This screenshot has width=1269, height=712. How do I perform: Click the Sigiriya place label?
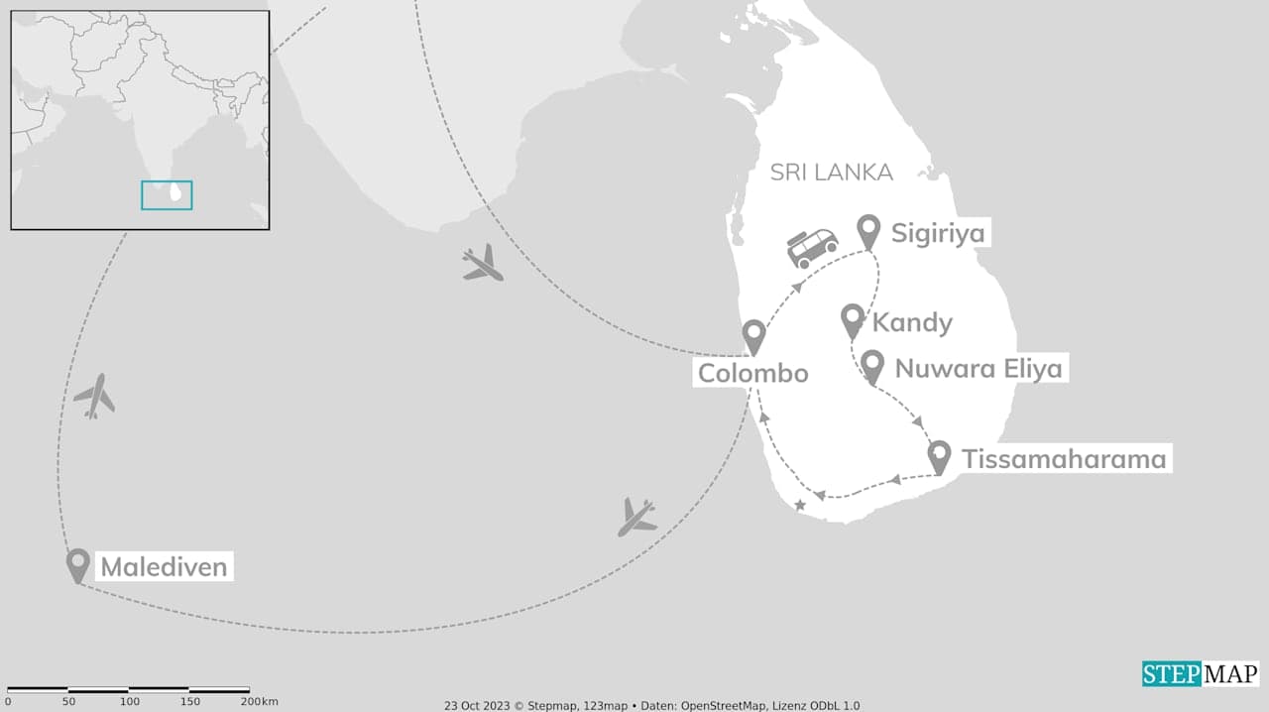click(938, 234)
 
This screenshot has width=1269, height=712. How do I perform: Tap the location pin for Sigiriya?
click(869, 230)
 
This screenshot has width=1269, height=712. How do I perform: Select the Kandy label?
click(912, 322)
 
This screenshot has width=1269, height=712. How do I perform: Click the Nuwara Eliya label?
click(978, 369)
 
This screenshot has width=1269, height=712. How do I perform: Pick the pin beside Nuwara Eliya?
click(872, 365)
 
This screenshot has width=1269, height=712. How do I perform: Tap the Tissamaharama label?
click(1064, 459)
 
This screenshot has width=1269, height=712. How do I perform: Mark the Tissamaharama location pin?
click(940, 455)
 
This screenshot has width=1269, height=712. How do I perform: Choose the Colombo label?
click(752, 373)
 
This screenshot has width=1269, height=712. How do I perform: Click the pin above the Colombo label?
click(753, 335)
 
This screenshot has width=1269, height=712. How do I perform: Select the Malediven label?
click(164, 567)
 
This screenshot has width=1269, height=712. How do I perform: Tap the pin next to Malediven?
click(77, 563)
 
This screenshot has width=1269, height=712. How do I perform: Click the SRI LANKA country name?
click(832, 173)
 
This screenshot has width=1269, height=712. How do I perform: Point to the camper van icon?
click(812, 248)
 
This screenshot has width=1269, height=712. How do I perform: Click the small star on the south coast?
click(800, 506)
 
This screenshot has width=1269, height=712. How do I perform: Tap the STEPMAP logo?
click(1200, 674)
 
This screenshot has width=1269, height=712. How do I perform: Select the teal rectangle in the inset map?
click(167, 195)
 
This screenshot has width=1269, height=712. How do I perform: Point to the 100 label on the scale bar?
click(129, 702)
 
